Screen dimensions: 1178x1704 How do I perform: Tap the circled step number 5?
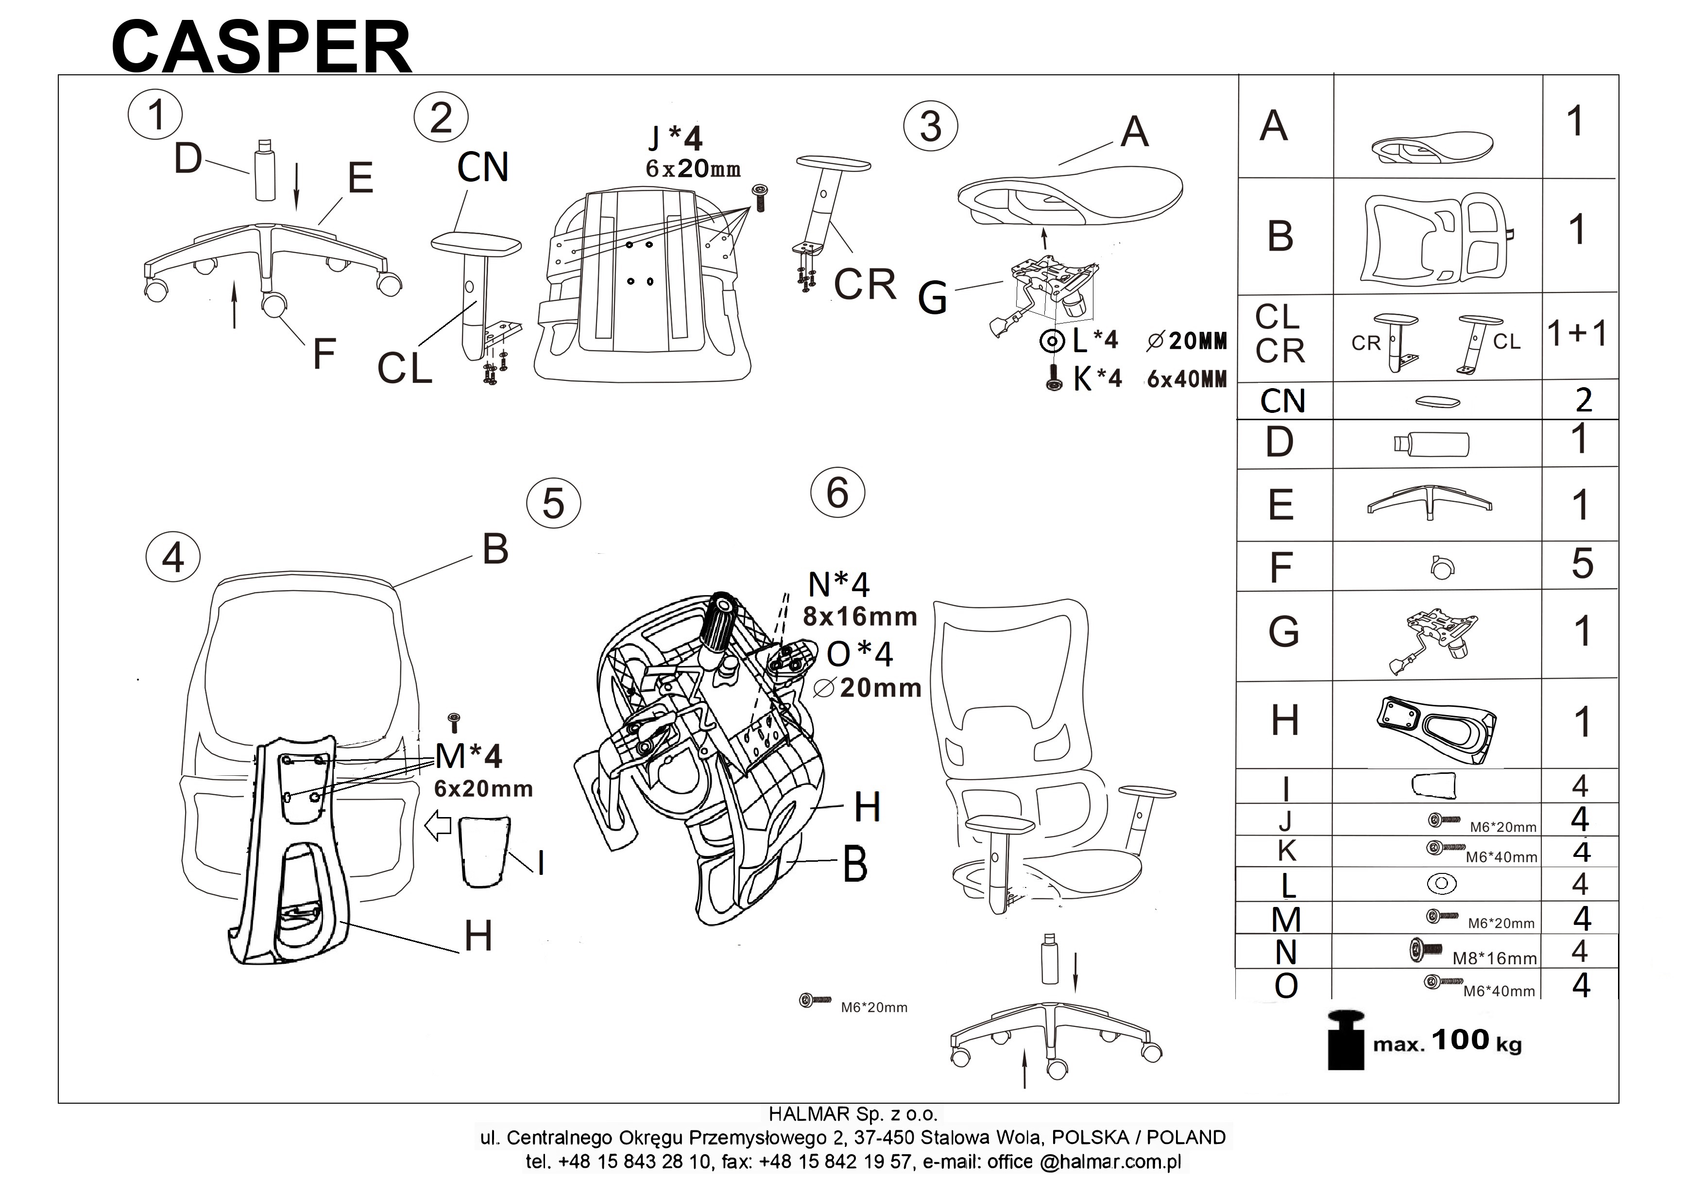(x=553, y=504)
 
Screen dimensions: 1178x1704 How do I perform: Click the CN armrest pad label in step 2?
(x=483, y=168)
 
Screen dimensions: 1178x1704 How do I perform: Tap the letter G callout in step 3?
(x=932, y=299)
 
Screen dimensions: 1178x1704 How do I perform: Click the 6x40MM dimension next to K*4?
(x=1187, y=379)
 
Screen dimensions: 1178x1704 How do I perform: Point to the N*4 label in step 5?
(x=839, y=584)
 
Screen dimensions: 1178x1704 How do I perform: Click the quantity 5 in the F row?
(x=1582, y=564)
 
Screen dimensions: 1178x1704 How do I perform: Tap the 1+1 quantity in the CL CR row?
(x=1577, y=334)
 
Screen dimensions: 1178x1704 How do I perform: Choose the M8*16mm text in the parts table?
(x=1495, y=958)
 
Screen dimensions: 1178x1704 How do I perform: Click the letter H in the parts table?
(x=1285, y=720)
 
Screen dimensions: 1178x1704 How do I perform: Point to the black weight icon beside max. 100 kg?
(x=1346, y=1040)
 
